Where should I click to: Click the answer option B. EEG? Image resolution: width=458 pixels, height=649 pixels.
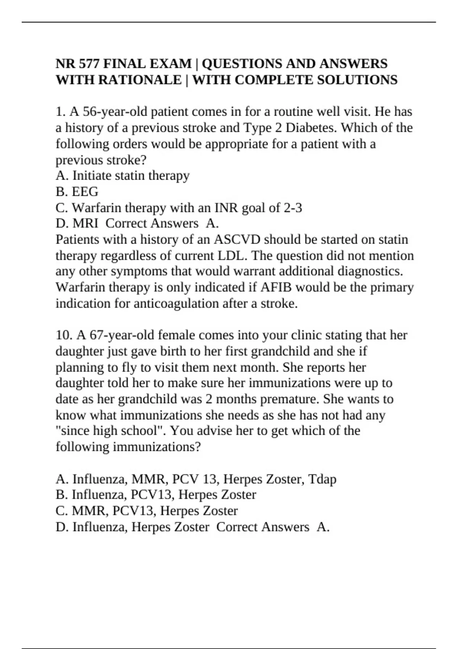tap(77, 192)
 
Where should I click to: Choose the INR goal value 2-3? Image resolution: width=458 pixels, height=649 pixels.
tap(293, 208)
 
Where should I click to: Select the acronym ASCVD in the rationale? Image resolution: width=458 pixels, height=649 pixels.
tap(237, 239)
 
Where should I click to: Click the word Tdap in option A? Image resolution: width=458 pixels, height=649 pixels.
tap(322, 479)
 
